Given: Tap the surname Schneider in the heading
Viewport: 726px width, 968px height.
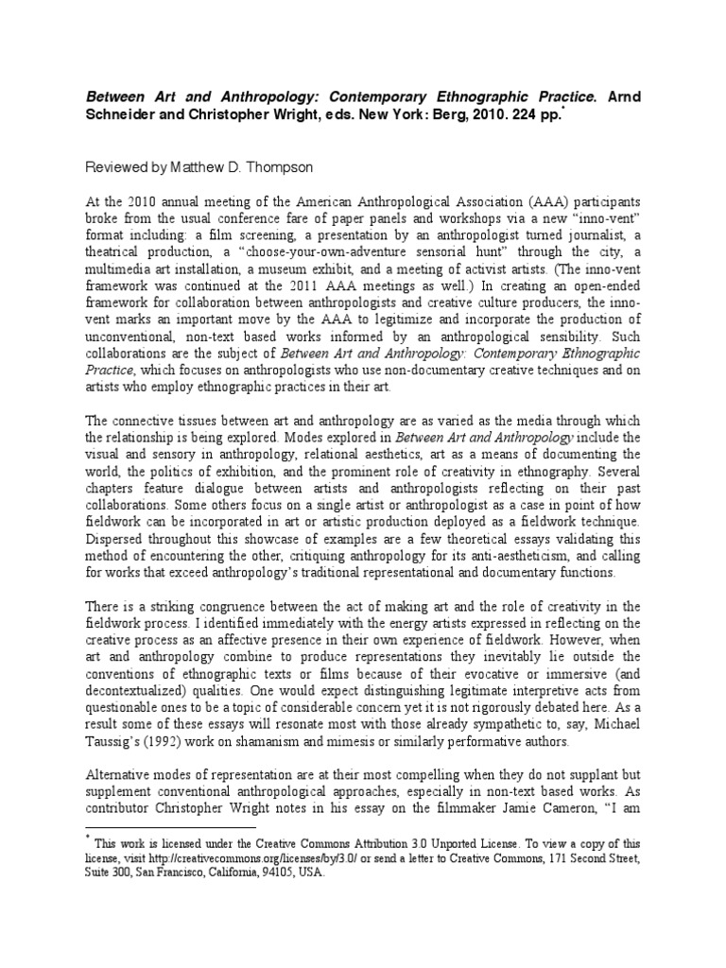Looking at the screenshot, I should click(125, 114).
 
